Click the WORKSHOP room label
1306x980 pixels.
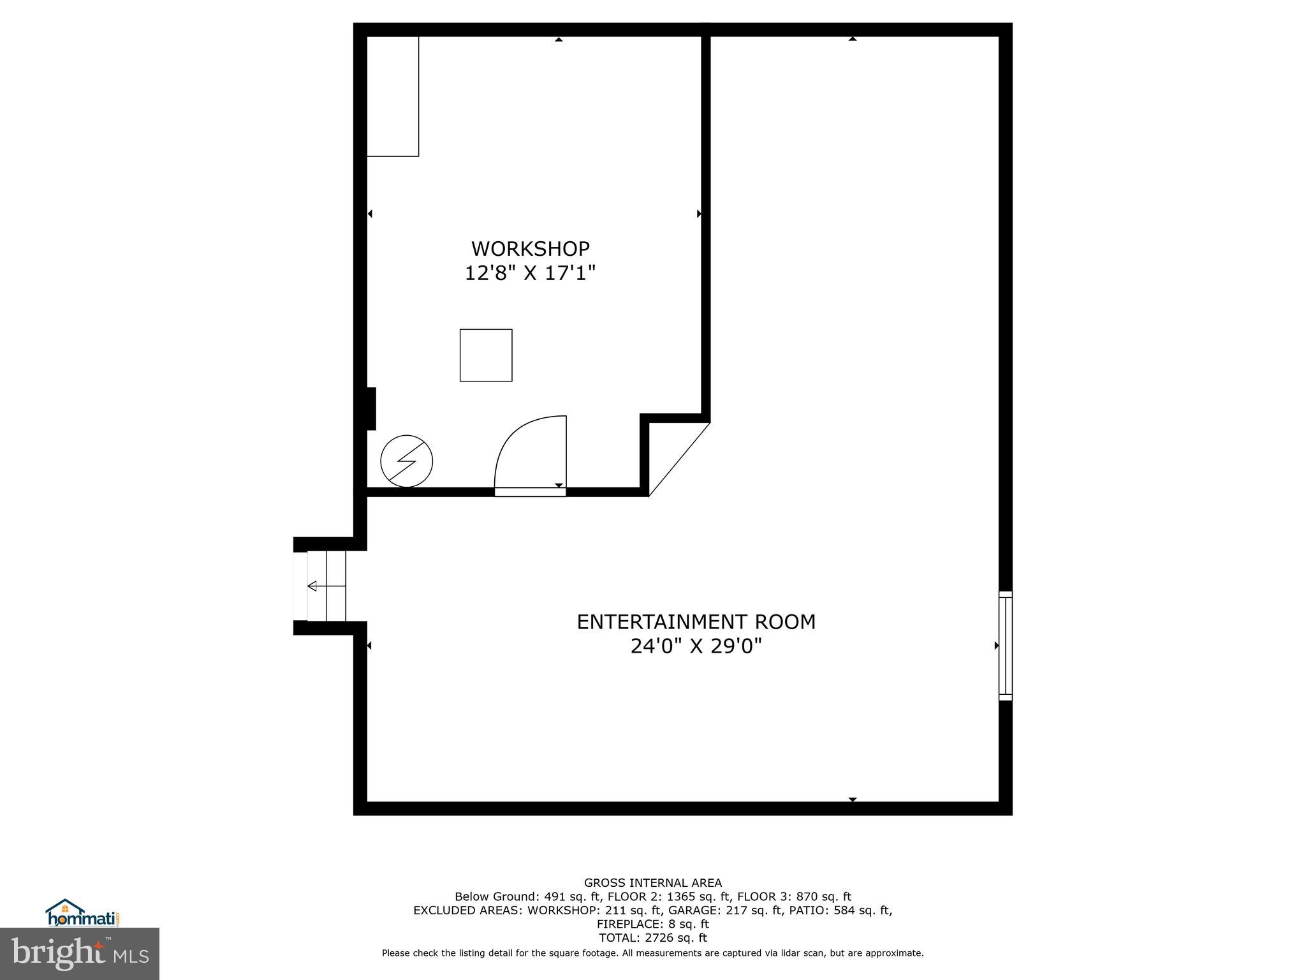(x=530, y=248)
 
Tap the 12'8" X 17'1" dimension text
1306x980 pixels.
(x=530, y=274)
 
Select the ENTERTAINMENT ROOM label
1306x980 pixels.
(x=696, y=621)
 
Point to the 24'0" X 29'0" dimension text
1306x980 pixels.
(x=696, y=647)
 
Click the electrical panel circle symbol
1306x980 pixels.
(x=406, y=461)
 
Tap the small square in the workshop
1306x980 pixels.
(x=486, y=355)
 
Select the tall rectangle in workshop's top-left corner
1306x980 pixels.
(x=393, y=96)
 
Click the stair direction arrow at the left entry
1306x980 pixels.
(x=312, y=586)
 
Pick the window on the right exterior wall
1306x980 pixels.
(x=1005, y=646)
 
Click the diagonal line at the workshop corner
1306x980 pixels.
(x=680, y=459)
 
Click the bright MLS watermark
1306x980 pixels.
(x=80, y=953)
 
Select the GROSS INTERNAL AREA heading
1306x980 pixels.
(x=652, y=883)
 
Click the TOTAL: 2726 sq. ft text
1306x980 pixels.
(x=652, y=937)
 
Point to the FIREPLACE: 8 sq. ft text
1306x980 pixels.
(x=652, y=924)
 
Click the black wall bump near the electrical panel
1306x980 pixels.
(x=371, y=408)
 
